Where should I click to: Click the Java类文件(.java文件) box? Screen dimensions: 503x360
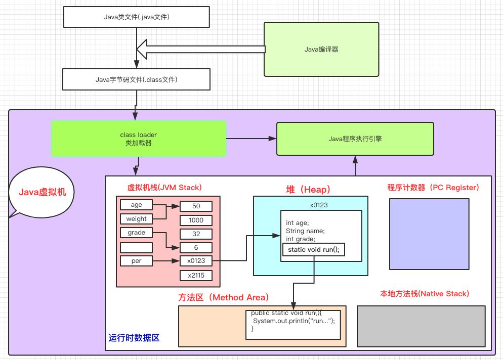136,17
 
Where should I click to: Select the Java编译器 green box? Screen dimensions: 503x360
321,50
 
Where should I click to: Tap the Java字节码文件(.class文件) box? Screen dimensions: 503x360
136,79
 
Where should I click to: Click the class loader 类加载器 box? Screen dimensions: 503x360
139,139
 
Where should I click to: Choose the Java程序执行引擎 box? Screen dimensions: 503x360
355,139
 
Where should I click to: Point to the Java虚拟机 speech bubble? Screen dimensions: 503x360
41,192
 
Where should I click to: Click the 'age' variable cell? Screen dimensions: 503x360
136,205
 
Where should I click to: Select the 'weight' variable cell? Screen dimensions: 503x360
136,219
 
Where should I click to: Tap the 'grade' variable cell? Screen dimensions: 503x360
136,233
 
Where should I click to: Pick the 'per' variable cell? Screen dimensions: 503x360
136,261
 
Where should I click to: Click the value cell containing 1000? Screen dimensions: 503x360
196,220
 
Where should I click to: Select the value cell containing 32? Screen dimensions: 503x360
196,234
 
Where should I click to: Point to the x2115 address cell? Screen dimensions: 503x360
196,276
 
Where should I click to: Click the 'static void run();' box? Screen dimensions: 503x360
313,250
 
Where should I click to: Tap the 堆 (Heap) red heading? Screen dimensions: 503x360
308,190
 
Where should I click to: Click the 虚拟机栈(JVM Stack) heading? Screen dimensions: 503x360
164,188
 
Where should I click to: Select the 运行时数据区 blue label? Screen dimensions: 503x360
134,338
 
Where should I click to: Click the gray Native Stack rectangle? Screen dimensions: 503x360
421,326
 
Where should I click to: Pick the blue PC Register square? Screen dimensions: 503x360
429,234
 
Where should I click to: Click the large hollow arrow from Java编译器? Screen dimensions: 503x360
201,50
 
